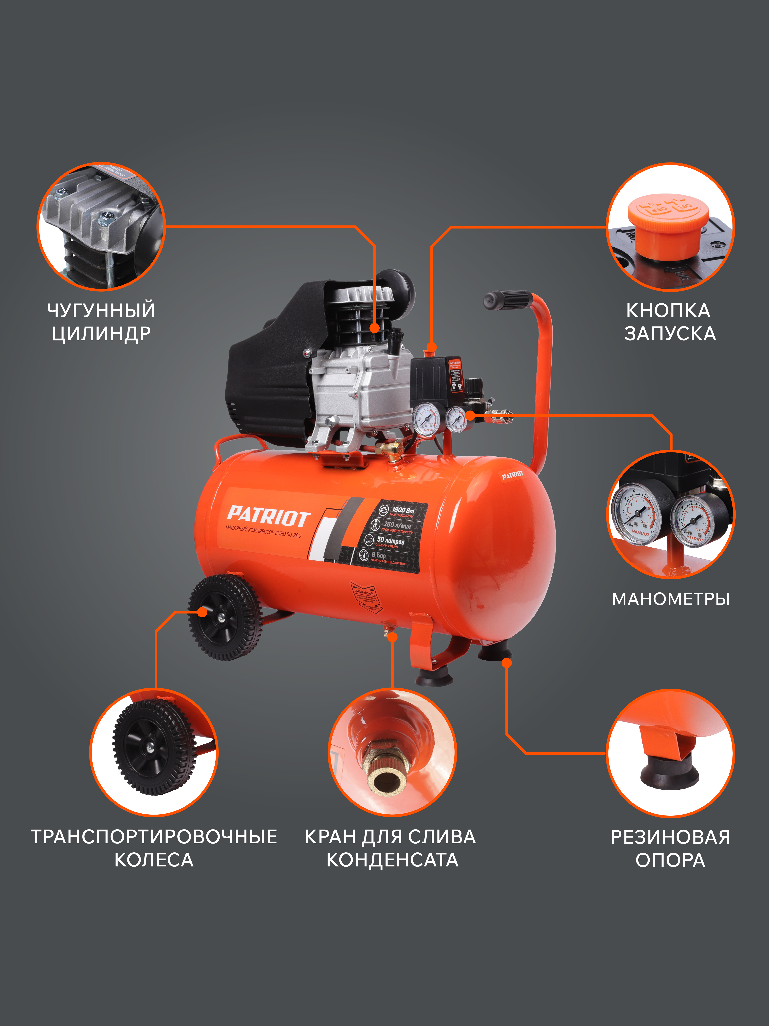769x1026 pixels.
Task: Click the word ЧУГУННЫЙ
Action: (101, 310)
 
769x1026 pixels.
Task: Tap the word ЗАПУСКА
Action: (670, 334)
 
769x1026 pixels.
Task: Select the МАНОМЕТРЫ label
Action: (671, 599)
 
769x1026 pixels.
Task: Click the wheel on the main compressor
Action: (225, 617)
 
